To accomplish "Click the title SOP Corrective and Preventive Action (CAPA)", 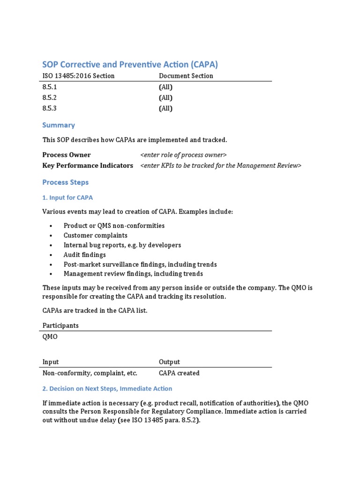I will (x=130, y=65).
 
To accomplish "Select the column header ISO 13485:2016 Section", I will (x=78, y=76).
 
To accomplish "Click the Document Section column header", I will (x=186, y=76).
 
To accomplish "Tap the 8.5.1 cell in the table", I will (x=50, y=87).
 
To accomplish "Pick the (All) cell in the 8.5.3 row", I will (x=165, y=109).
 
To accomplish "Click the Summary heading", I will (x=59, y=125).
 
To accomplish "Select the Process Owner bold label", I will (x=67, y=155).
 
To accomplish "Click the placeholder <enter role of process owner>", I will (x=183, y=155).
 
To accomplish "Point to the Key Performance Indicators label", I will (x=88, y=165).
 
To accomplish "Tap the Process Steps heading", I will (x=65, y=182).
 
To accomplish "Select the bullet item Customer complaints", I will (x=95, y=235).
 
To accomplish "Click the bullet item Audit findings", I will (x=84, y=255).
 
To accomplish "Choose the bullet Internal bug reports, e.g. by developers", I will (x=122, y=245).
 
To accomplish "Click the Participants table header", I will (x=60, y=325).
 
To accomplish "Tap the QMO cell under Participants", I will (x=50, y=337).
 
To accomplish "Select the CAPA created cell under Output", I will (x=179, y=373).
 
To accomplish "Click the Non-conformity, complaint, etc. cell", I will (x=90, y=373).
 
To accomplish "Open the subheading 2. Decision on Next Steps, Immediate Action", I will (x=107, y=389).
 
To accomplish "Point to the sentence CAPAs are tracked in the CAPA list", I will (x=95, y=311).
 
